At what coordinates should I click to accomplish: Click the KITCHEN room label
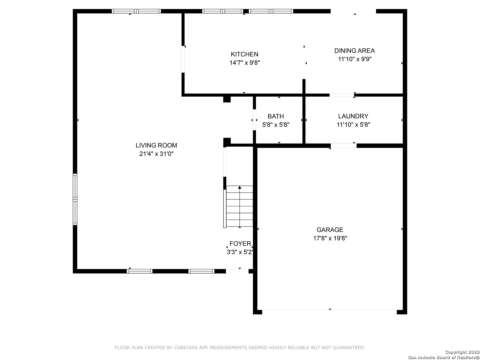pos(244,54)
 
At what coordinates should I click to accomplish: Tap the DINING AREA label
pos(354,51)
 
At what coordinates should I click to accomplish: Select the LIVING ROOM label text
pos(156,145)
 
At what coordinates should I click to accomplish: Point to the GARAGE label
pos(330,230)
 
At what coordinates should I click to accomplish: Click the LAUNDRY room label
pos(353,116)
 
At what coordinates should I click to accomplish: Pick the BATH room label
pos(276,116)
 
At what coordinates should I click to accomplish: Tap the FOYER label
pos(240,243)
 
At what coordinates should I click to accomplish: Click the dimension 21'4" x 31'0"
pos(156,154)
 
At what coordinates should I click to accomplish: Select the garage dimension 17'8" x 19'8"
pos(330,238)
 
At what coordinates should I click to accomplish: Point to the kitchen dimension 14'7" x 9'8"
pos(244,63)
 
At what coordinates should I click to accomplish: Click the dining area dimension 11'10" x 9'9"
pos(354,59)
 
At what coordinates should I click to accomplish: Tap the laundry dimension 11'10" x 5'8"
pos(353,125)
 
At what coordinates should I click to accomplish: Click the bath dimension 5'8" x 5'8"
pos(276,125)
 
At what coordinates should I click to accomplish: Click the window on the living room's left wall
pos(75,199)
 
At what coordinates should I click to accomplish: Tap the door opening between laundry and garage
pos(343,146)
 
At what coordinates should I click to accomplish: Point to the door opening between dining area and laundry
pos(342,95)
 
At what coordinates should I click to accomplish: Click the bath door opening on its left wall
pos(254,120)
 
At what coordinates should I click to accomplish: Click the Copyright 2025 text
pos(462,352)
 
